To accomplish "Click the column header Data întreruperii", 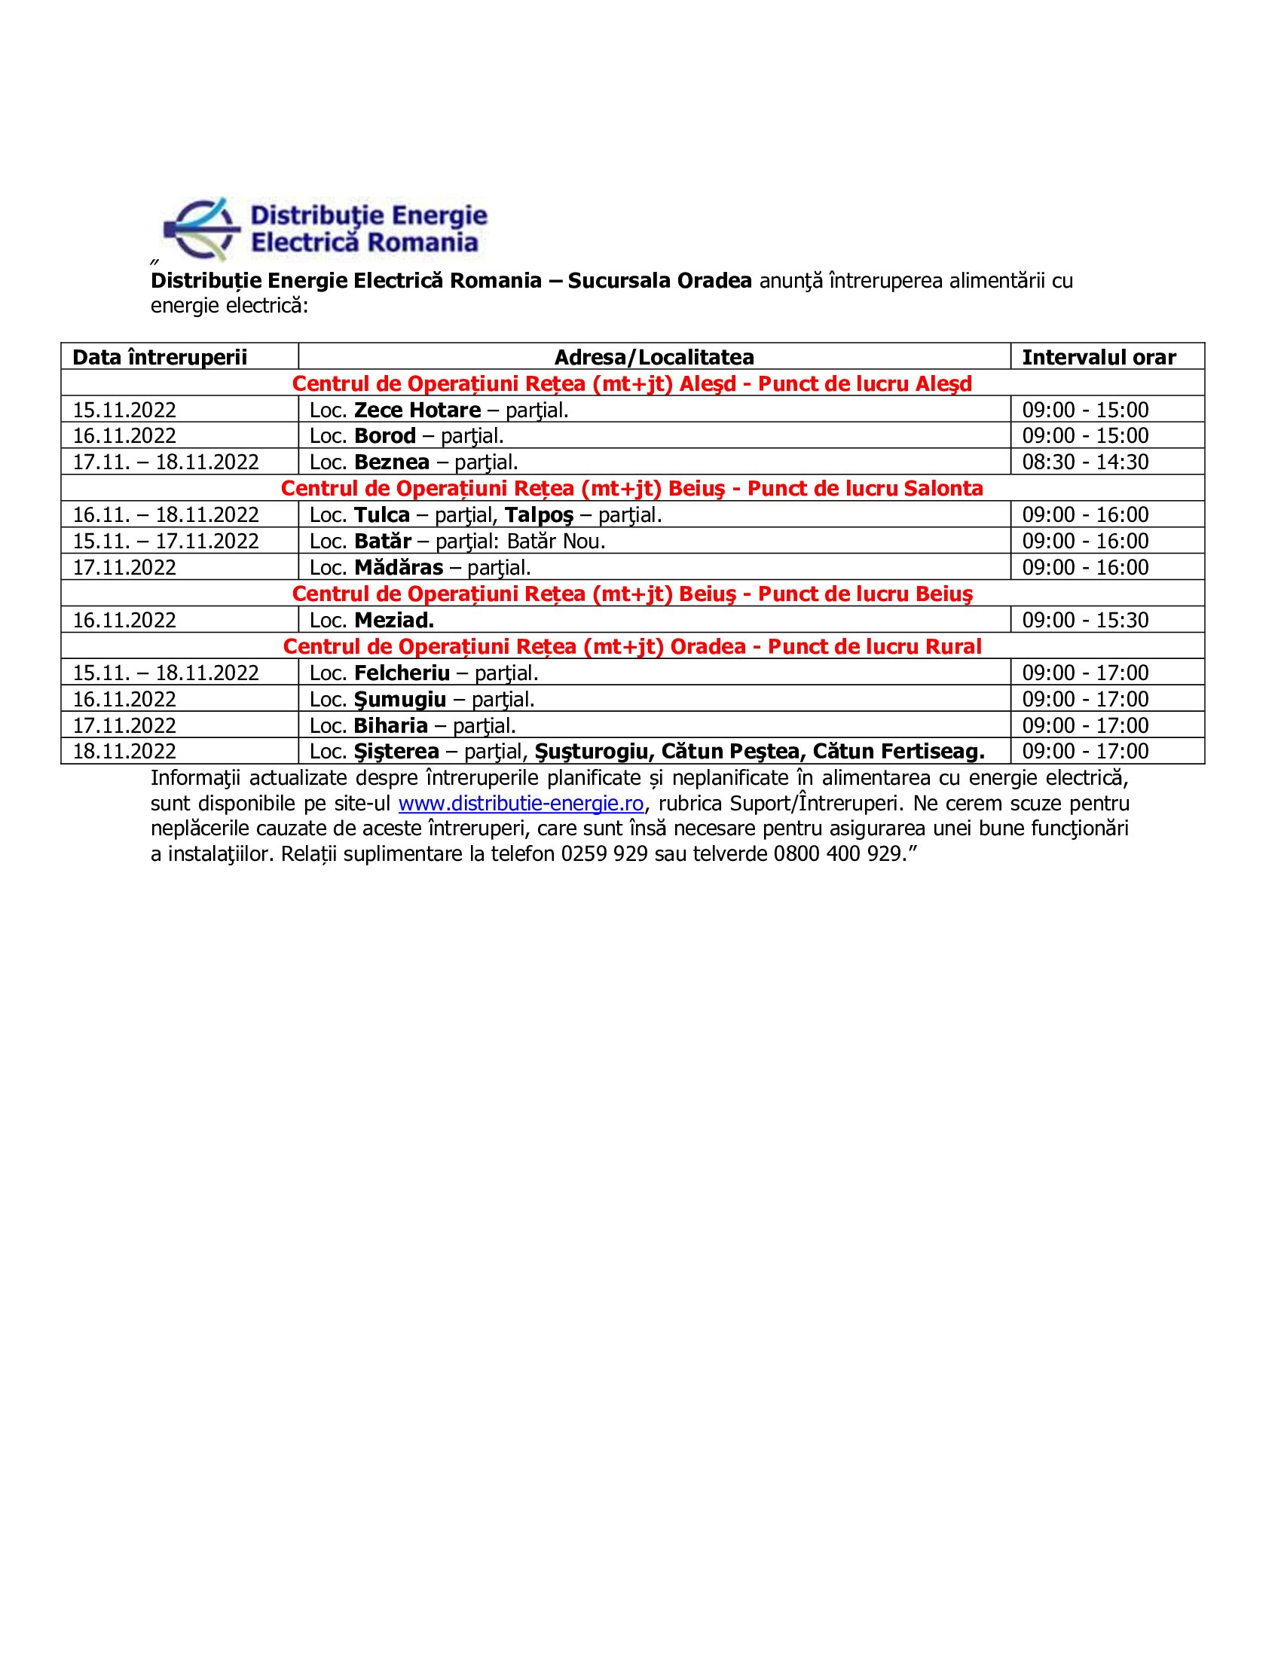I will pos(159,357).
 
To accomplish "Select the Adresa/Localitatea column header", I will pos(653,357).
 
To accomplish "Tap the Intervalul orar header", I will pos(1098,357).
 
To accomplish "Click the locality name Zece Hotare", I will pos(417,410).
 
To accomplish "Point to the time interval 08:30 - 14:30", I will pos(1084,462).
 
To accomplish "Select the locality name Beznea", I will pos(392,462).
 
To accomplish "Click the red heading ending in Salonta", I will pos(631,489).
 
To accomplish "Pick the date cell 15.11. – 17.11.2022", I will pos(166,542).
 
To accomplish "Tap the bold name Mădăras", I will pos(399,567).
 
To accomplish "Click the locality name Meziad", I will pos(394,621).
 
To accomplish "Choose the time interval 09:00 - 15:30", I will pos(1084,621).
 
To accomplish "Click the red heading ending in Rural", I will pos(631,647).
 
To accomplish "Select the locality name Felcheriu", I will pos(402,673).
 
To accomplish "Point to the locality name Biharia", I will pos(391,726).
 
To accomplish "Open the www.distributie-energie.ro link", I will pos(521,804).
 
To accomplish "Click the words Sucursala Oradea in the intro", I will pos(659,281).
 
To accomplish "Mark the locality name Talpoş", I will pos(539,515).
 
